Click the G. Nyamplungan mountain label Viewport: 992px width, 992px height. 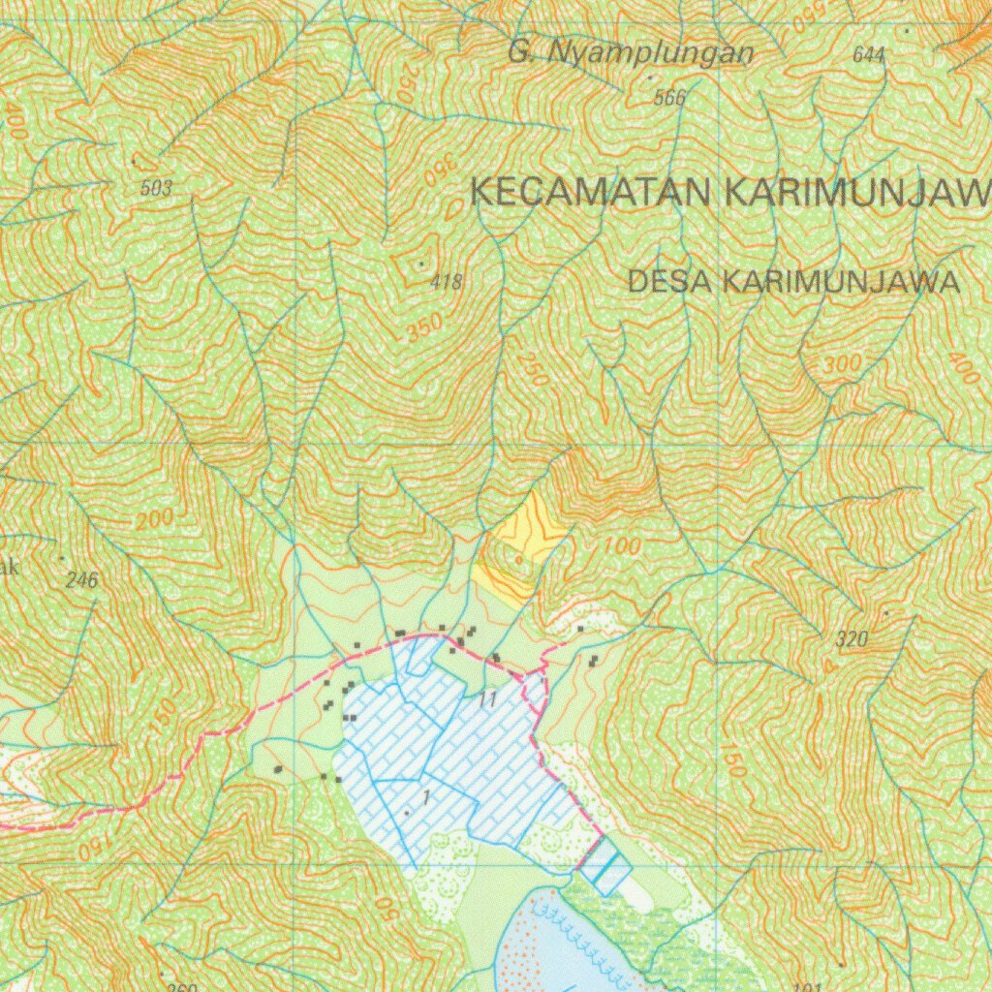coord(630,54)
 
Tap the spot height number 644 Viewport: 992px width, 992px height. coord(869,55)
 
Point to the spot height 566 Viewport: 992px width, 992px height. coord(669,98)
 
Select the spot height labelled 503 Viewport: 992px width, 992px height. coord(156,189)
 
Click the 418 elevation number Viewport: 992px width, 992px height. coord(446,283)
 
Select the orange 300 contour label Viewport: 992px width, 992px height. coord(841,366)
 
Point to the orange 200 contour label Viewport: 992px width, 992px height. coord(155,520)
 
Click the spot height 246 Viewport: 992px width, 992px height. coord(82,581)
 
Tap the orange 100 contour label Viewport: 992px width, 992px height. coord(621,546)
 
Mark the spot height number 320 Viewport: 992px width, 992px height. coord(852,639)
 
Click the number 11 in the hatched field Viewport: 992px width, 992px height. coord(487,699)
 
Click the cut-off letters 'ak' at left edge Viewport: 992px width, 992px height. coord(8,568)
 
